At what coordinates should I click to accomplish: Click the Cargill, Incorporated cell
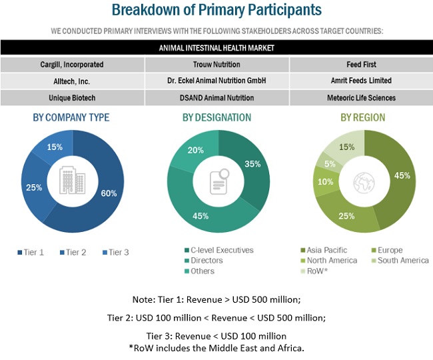pyautogui.click(x=72, y=65)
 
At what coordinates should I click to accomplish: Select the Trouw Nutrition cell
pyautogui.click(x=217, y=65)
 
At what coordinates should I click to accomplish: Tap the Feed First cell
pyautogui.click(x=360, y=65)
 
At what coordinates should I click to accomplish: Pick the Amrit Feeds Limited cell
pyautogui.click(x=360, y=81)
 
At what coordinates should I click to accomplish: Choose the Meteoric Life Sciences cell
pyautogui.click(x=360, y=97)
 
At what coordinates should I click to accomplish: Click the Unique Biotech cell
pyautogui.click(x=72, y=97)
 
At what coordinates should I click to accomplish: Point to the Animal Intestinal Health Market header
pyautogui.click(x=217, y=48)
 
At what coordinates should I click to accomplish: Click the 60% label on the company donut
pyautogui.click(x=109, y=193)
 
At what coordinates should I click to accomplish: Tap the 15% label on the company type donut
pyautogui.click(x=55, y=146)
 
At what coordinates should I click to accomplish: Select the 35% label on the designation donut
pyautogui.click(x=252, y=163)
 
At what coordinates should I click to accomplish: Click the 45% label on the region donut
pyautogui.click(x=402, y=177)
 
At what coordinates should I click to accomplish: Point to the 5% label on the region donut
pyautogui.click(x=329, y=164)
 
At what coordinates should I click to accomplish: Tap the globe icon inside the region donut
pyautogui.click(x=364, y=180)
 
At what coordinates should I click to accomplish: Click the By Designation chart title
pyautogui.click(x=217, y=118)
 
